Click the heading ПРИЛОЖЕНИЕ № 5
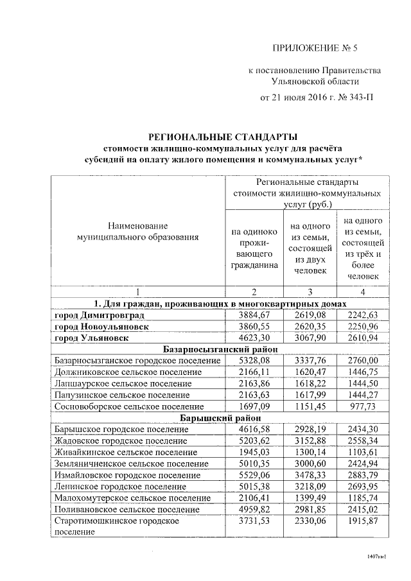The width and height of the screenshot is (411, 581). [x=314, y=48]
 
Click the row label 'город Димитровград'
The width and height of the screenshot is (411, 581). [x=100, y=315]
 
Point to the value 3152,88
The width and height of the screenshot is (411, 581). [x=309, y=440]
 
